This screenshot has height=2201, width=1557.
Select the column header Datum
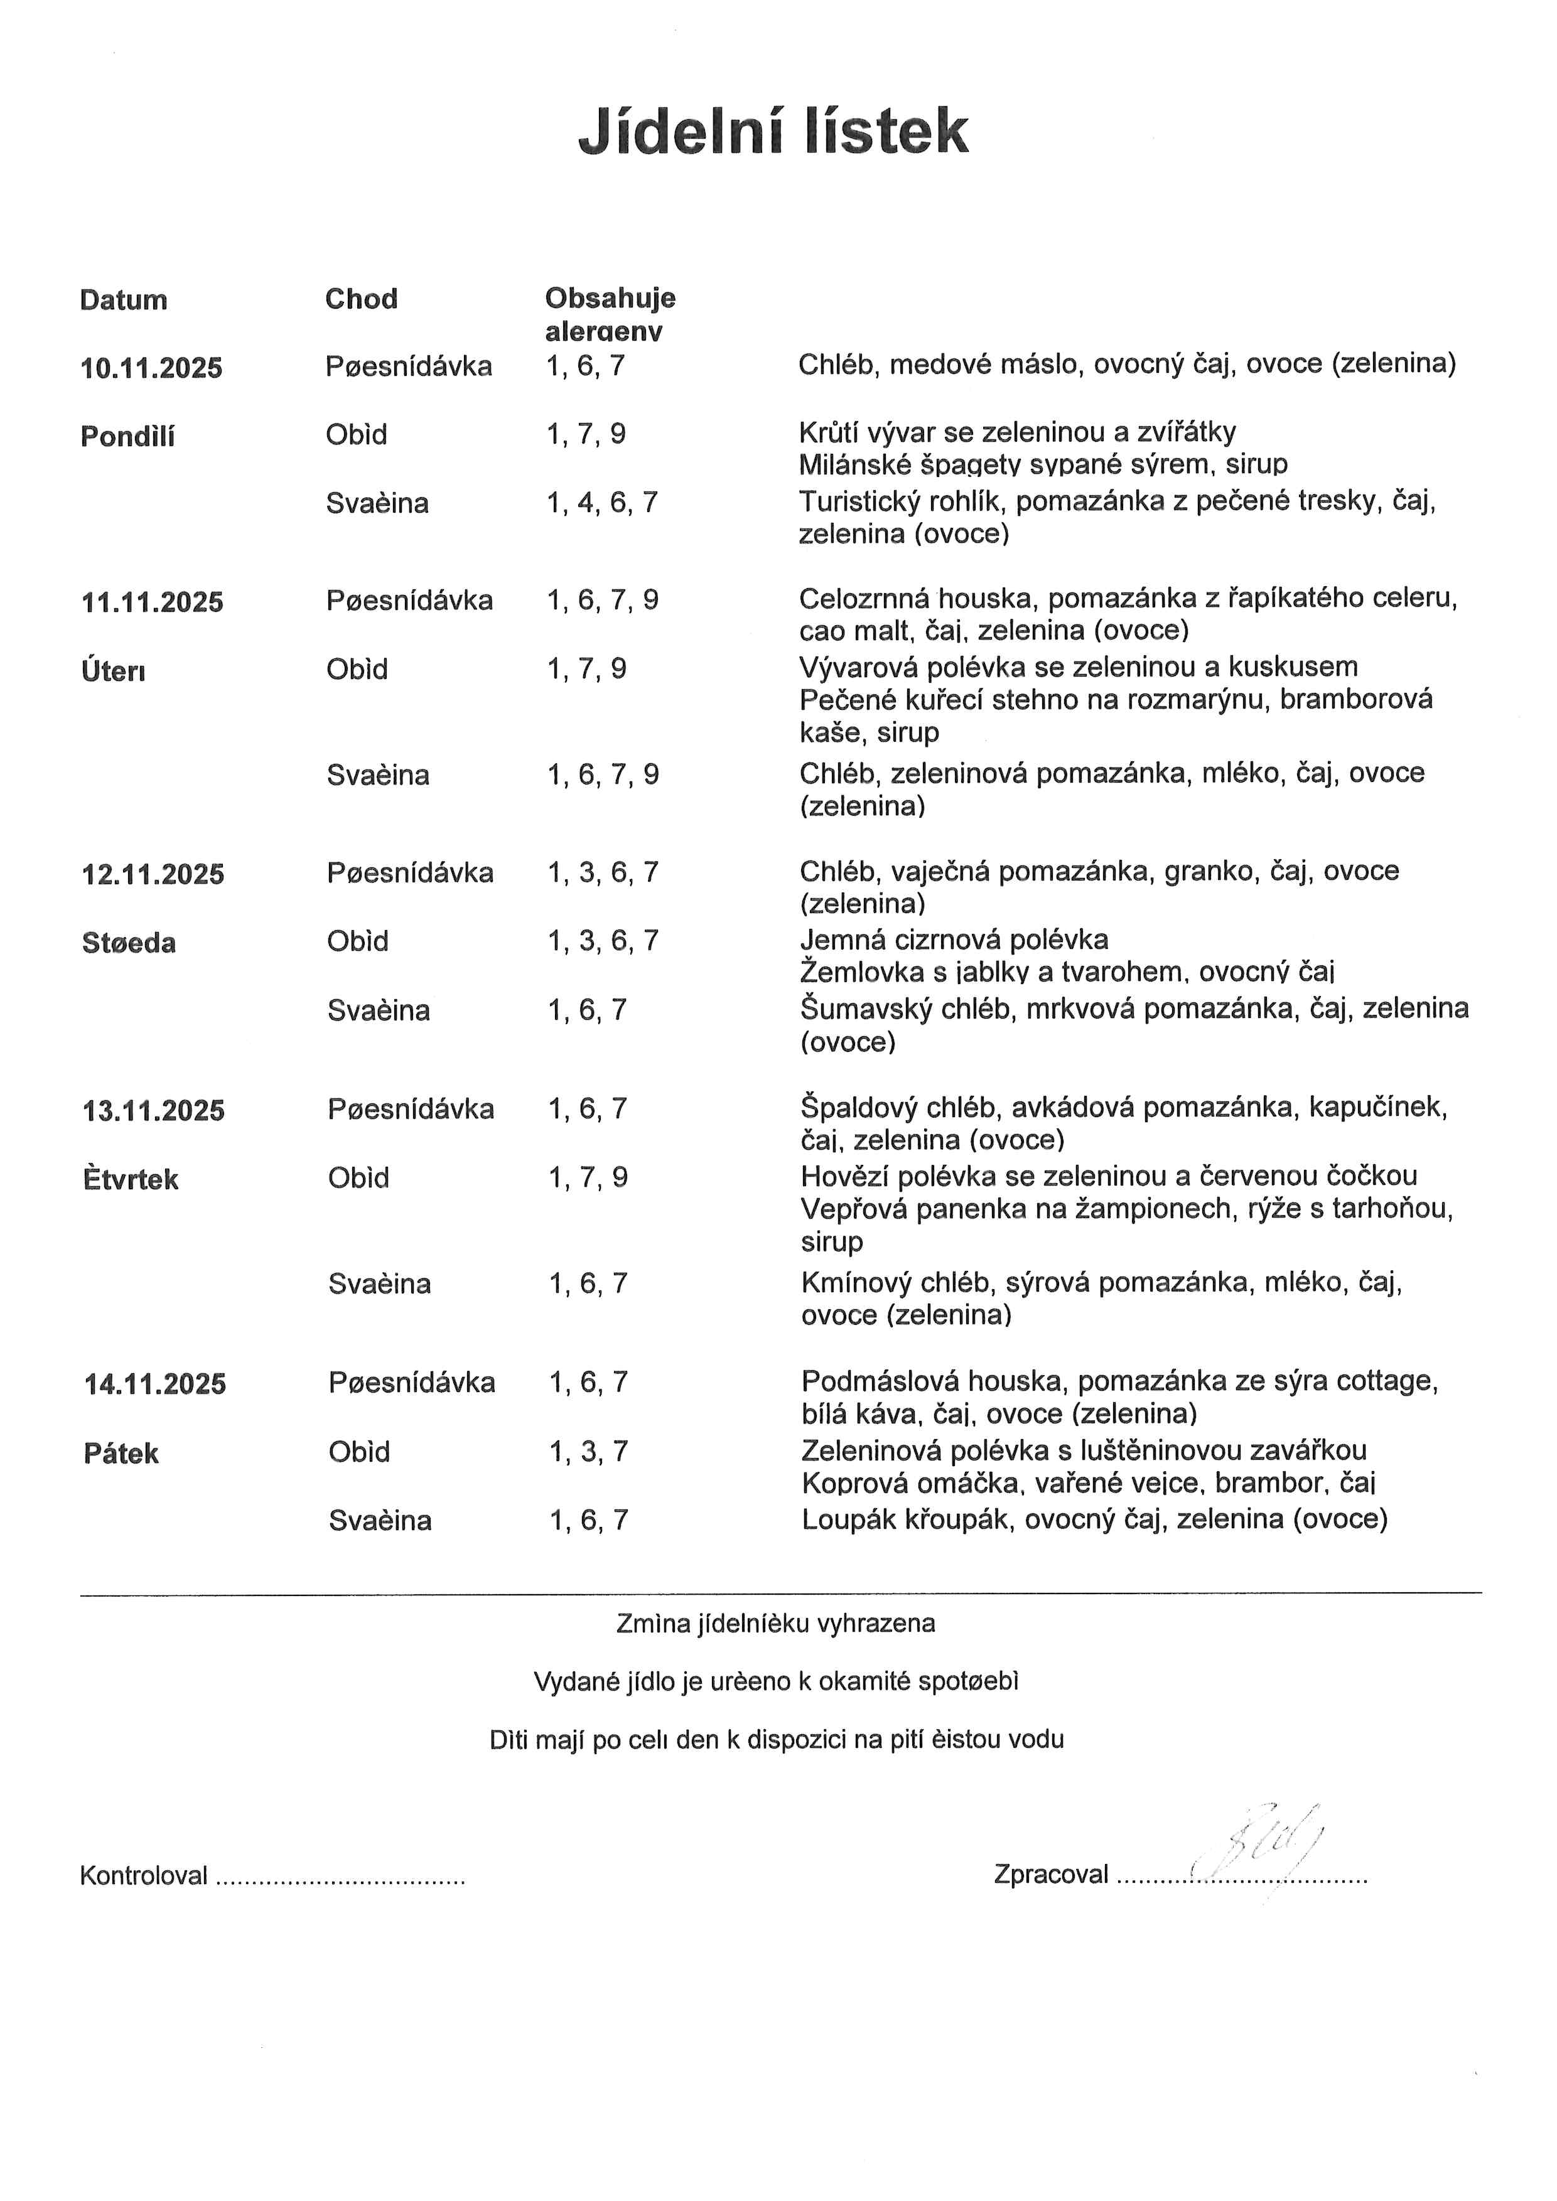[x=124, y=300]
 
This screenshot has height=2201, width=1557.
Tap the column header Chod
[x=362, y=299]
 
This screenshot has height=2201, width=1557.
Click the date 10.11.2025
[x=151, y=368]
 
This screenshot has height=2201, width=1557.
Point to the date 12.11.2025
[x=153, y=874]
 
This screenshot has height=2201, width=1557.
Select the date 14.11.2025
[x=155, y=1384]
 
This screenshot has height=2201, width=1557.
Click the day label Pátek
[x=121, y=1454]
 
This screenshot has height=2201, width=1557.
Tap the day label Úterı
[x=113, y=670]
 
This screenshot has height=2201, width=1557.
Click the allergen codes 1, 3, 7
[x=589, y=1452]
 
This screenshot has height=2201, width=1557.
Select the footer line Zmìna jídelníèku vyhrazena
[x=775, y=1624]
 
